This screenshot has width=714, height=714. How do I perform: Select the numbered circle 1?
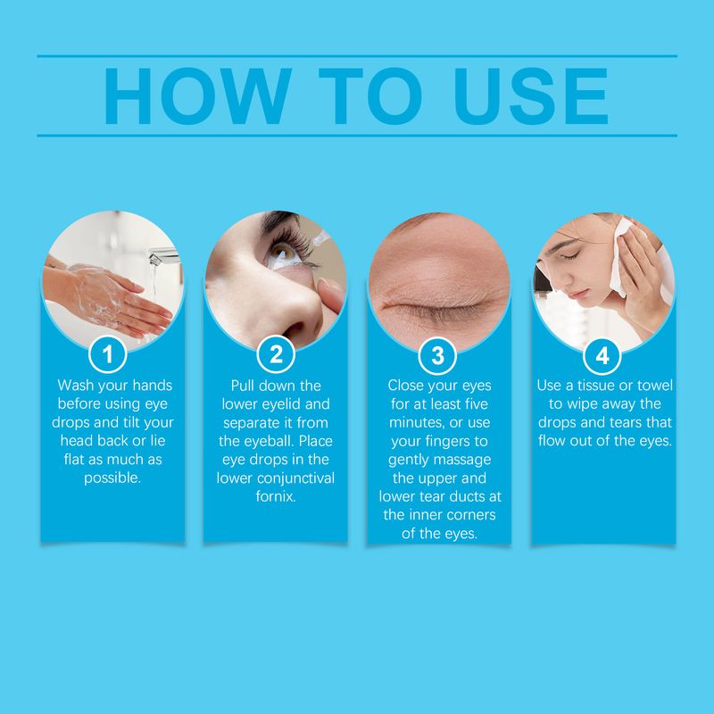tap(108, 355)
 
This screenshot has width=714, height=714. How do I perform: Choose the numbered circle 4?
tap(602, 355)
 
